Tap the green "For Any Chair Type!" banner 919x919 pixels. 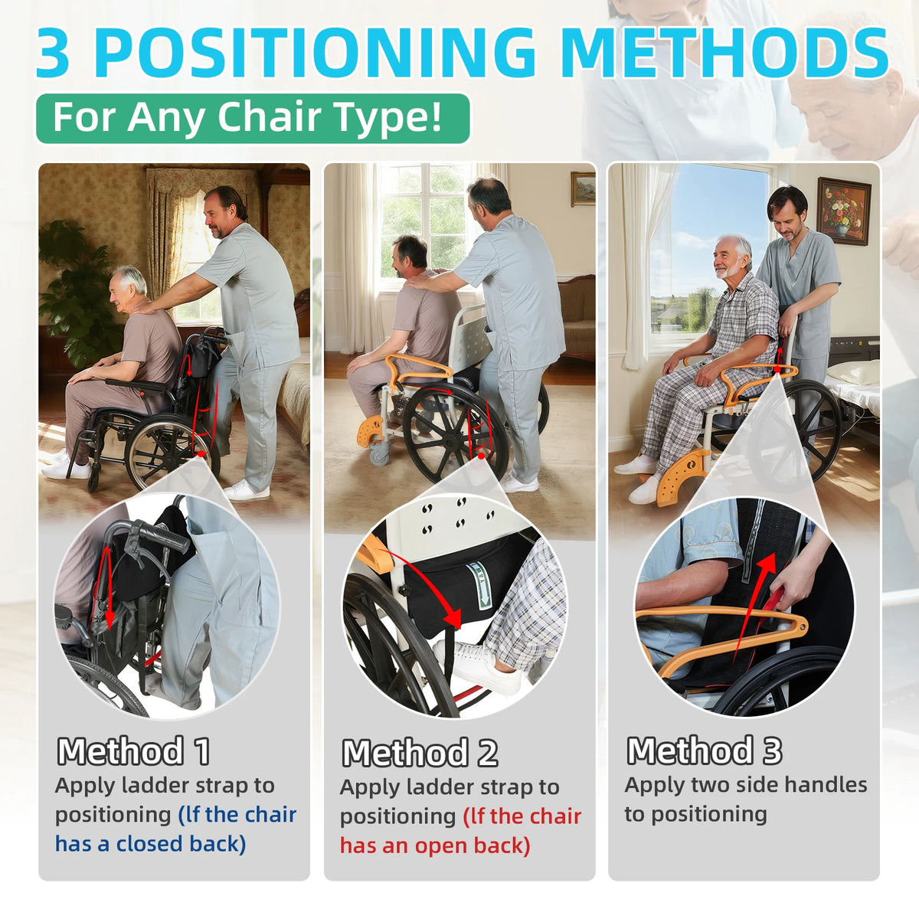(x=253, y=118)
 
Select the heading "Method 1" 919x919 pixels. (x=133, y=751)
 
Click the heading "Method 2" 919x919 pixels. (x=420, y=753)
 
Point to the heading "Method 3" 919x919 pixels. (x=705, y=751)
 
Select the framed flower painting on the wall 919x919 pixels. (x=844, y=211)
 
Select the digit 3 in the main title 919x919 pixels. (x=54, y=53)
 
